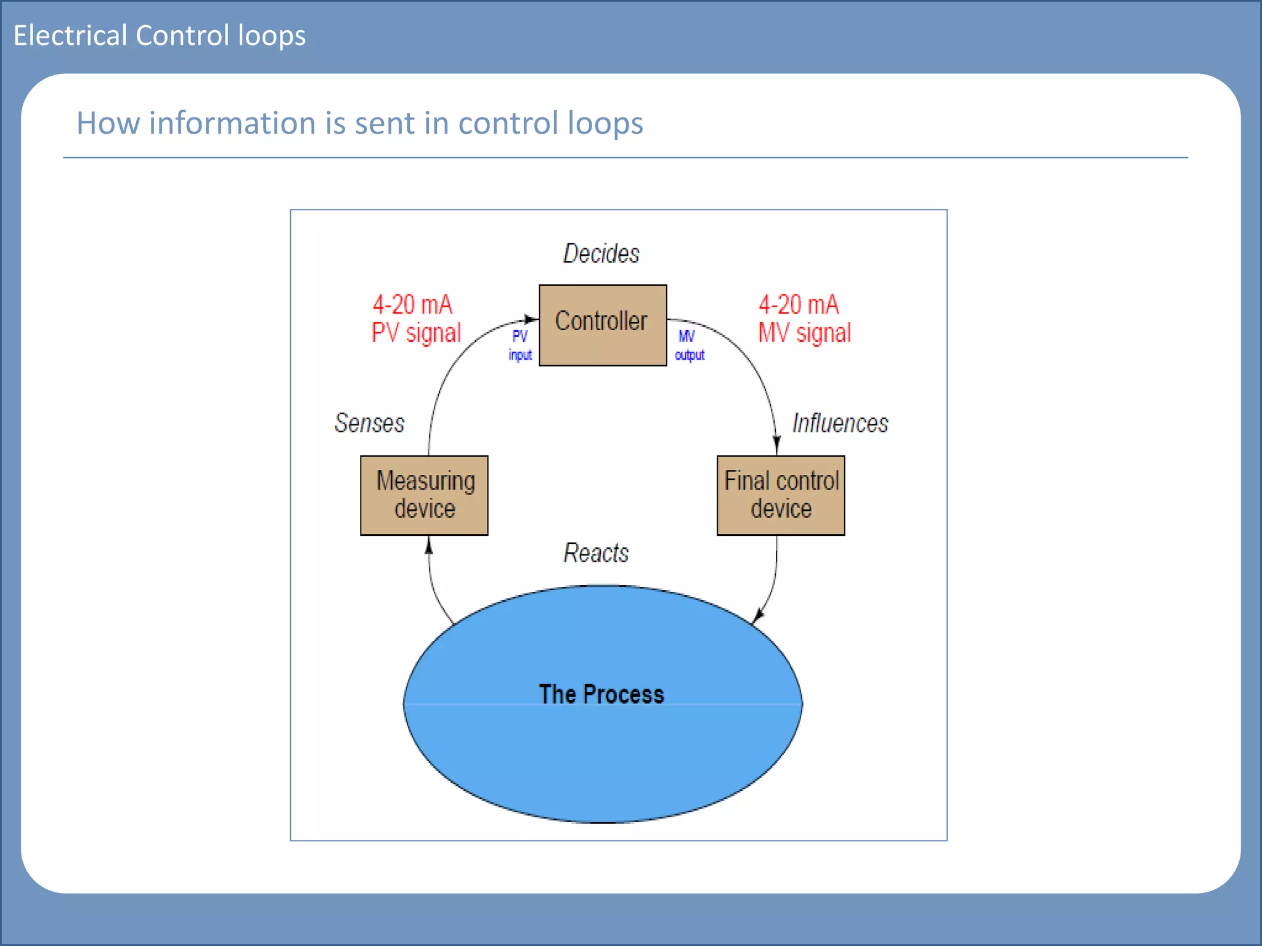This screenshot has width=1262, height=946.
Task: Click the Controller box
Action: [x=602, y=325]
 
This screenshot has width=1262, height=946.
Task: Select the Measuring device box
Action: [x=424, y=495]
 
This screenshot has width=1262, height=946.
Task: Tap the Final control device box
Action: [x=781, y=495]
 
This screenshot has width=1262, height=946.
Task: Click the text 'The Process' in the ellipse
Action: [x=601, y=694]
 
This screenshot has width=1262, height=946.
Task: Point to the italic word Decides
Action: [x=601, y=254]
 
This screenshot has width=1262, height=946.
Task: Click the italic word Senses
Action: [x=369, y=423]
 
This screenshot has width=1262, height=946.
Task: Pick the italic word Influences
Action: [x=840, y=423]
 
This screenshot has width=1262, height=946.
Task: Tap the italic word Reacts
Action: [x=596, y=553]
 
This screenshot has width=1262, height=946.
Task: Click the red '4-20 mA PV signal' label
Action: [x=416, y=319]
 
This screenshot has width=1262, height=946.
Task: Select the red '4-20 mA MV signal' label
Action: [x=804, y=319]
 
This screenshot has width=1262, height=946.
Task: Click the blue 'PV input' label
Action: [x=520, y=346]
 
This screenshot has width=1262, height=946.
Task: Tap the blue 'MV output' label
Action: [x=689, y=346]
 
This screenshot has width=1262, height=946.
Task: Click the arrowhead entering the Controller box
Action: [x=531, y=319]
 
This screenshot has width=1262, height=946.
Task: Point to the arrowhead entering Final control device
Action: [x=776, y=445]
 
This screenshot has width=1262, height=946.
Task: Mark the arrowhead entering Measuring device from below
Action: [x=429, y=545]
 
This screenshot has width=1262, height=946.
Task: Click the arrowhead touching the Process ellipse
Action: [x=758, y=615]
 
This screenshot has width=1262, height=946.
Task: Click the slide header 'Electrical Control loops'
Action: [x=160, y=35]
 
